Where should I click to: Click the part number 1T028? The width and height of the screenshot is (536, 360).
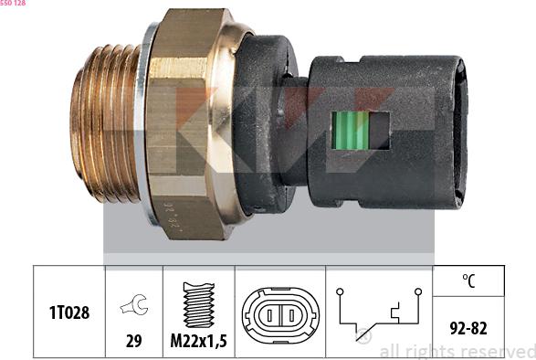69,312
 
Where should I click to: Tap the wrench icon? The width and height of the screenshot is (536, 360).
134,304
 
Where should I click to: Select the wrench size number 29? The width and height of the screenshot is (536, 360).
133,341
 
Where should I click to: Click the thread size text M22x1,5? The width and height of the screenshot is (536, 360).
199,341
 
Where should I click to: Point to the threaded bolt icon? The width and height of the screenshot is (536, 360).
199,304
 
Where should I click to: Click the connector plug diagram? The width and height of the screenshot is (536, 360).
280,315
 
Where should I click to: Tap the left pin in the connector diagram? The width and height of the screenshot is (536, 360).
269,315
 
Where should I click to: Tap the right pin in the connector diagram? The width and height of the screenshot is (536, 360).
291,315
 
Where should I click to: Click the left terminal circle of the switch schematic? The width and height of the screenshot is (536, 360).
340,291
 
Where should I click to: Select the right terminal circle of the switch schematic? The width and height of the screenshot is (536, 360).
418,291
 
